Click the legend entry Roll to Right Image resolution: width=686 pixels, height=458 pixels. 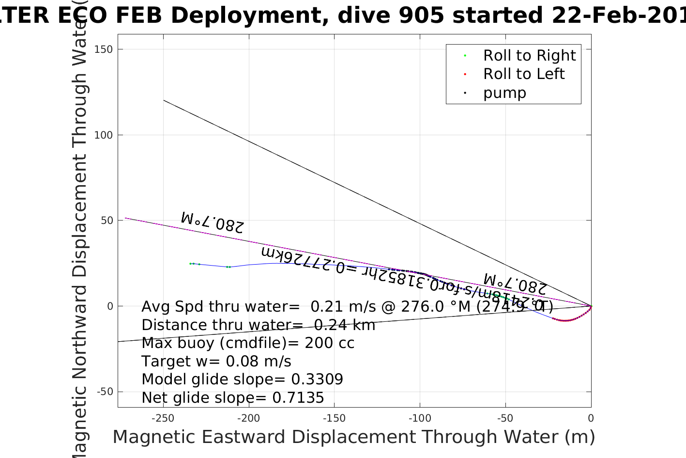(x=529, y=56)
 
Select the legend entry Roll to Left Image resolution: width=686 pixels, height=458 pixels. (x=524, y=74)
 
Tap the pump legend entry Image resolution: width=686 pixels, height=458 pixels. (x=504, y=93)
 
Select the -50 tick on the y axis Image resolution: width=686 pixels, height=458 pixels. (x=105, y=392)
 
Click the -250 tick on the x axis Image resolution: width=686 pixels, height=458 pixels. (x=163, y=418)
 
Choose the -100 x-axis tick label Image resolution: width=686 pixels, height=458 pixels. (x=420, y=418)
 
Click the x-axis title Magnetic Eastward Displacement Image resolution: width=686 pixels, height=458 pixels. (x=353, y=437)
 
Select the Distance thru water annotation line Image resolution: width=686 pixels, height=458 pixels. (x=258, y=325)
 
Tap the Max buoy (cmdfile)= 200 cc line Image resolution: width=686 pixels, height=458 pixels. (x=248, y=343)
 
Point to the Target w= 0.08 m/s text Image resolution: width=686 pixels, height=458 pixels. (x=216, y=362)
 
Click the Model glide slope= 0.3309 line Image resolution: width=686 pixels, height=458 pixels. (x=242, y=379)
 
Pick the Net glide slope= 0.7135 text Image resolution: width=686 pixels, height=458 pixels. (x=232, y=398)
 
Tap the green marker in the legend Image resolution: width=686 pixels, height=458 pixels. (x=465, y=56)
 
